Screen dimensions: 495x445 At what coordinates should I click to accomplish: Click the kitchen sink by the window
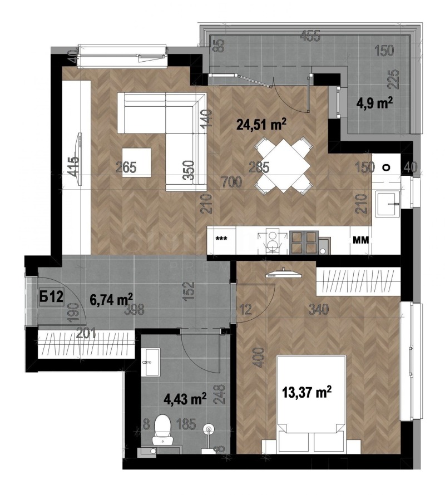[388, 204]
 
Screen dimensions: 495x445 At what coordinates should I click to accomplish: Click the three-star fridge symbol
[221, 239]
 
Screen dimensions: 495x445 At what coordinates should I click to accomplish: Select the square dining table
[283, 166]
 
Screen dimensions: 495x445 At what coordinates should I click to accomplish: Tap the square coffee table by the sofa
[137, 162]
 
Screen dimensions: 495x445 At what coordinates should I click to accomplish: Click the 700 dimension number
[231, 181]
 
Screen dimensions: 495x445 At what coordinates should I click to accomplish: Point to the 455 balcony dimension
[310, 37]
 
